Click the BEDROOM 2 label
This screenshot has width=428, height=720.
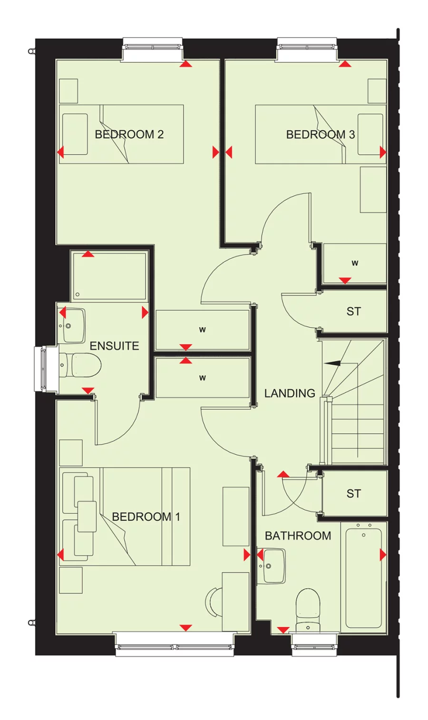click(129, 135)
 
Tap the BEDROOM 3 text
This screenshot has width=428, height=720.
click(320, 135)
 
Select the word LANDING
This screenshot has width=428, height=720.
click(290, 393)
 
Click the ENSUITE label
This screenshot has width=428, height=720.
click(114, 346)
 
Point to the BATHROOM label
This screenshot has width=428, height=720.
click(298, 536)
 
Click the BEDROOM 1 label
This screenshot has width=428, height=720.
click(146, 517)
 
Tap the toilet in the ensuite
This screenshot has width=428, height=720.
click(81, 365)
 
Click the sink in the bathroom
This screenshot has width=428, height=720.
click(272, 566)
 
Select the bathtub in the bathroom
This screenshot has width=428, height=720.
click(363, 577)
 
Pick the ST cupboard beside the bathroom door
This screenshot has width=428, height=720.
click(353, 494)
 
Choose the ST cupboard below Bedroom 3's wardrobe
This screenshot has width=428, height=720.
click(353, 311)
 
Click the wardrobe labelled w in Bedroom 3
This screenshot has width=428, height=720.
click(354, 263)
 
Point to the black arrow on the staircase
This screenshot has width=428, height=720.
click(333, 363)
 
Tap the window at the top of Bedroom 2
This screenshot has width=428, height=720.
click(153, 48)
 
